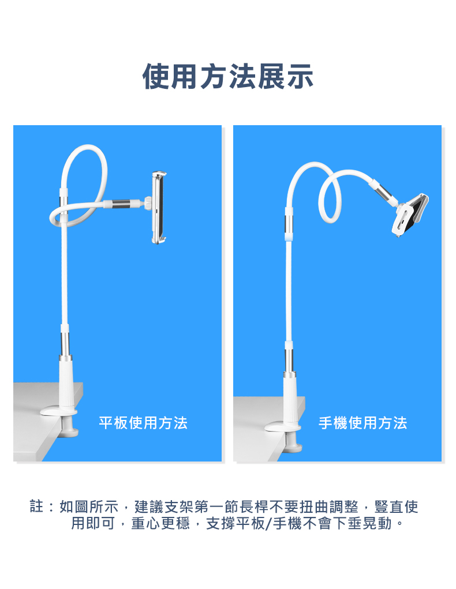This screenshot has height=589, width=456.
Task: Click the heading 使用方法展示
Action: [x=228, y=77]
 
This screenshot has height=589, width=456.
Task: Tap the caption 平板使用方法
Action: [x=143, y=423]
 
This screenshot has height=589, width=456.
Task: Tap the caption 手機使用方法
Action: [x=362, y=423]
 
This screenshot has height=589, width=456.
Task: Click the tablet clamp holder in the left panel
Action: [x=159, y=207]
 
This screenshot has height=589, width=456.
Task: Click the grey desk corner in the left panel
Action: [x=45, y=421]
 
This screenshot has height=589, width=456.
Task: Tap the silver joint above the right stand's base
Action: [x=289, y=361]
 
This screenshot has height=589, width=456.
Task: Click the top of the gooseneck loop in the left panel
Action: [x=87, y=147]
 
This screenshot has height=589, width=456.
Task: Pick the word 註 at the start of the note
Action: [x=37, y=507]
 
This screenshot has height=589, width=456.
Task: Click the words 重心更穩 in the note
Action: [x=160, y=523]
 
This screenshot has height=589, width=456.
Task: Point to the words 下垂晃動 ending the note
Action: [x=362, y=523]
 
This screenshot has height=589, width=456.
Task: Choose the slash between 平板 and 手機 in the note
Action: [x=269, y=523]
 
